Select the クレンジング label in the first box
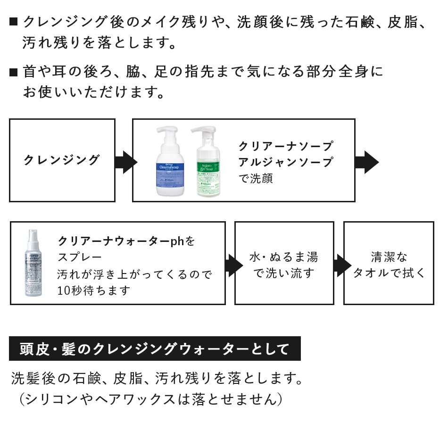62,160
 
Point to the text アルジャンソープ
285,162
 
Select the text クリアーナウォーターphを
126,241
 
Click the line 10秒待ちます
93,290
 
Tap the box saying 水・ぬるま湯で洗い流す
284,264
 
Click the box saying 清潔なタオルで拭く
389,264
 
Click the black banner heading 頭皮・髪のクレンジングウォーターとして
155,349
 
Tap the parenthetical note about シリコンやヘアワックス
151,399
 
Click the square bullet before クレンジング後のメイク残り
13,22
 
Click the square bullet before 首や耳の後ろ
13,72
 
